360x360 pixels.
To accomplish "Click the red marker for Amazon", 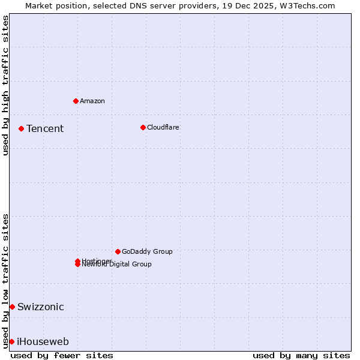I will [76, 101].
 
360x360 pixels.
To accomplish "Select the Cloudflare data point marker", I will [143, 127].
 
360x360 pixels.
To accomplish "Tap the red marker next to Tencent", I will [21, 128].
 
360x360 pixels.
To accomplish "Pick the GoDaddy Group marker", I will [118, 251].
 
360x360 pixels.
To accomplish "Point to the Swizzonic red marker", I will [12, 307].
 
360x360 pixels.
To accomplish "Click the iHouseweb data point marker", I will [11, 341].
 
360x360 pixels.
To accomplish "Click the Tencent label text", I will [45, 128].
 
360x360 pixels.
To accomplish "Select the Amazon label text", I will [92, 101].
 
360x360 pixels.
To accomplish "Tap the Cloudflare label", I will [163, 127].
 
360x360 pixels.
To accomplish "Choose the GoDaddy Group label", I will [147, 251].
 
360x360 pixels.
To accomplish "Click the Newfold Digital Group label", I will [117, 265].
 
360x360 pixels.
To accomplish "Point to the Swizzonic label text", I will [41, 307].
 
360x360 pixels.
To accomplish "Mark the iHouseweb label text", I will [43, 342].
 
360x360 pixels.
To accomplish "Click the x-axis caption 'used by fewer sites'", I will [62, 355].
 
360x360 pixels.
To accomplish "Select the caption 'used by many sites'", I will [301, 355].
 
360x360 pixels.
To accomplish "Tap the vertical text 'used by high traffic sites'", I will [5, 85].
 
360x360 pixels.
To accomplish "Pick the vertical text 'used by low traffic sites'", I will [5, 280].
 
